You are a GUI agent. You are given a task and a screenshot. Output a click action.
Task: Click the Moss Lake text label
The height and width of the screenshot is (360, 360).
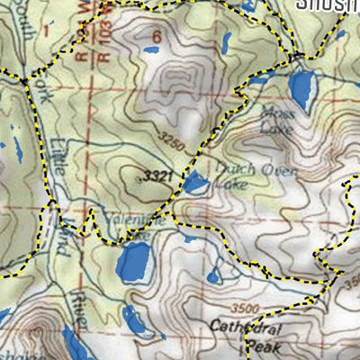tap(274, 118)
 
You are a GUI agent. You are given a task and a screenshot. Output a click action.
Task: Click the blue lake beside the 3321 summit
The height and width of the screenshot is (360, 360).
tap(195, 184)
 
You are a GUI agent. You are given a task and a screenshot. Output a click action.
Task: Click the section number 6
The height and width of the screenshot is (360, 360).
tap(157, 37)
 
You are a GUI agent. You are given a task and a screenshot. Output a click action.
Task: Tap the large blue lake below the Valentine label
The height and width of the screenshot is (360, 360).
tap(134, 262)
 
